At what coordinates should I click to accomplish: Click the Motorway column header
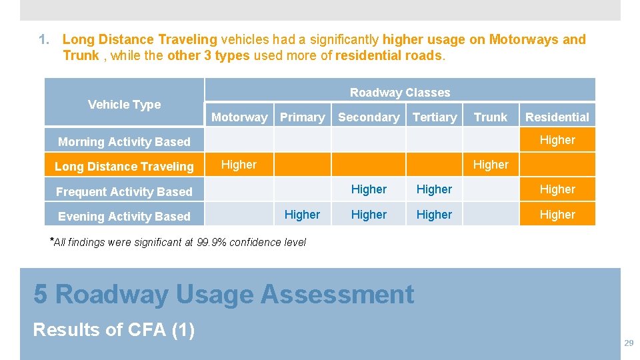click(239, 117)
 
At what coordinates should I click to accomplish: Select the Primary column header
click(302, 117)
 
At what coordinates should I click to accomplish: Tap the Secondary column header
click(369, 117)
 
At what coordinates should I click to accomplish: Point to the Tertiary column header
click(435, 117)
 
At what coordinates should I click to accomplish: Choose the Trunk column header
click(491, 117)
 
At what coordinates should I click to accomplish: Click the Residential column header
click(557, 117)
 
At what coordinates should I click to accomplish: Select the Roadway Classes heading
click(400, 93)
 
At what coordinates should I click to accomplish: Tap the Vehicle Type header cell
click(124, 104)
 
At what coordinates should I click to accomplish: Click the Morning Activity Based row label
click(124, 141)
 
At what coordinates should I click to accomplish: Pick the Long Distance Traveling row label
click(124, 167)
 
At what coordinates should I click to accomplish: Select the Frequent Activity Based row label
click(124, 192)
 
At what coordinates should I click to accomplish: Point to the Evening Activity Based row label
click(124, 217)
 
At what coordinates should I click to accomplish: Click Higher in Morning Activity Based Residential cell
click(557, 140)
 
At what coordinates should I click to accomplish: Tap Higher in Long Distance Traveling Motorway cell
click(239, 165)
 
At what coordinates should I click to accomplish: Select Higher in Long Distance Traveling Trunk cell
click(491, 165)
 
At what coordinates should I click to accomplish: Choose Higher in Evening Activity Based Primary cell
click(302, 215)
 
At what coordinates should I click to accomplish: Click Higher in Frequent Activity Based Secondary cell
click(369, 189)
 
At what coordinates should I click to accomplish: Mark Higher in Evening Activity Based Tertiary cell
click(434, 215)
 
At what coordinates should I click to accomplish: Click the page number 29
click(628, 343)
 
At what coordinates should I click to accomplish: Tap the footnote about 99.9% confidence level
click(179, 242)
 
